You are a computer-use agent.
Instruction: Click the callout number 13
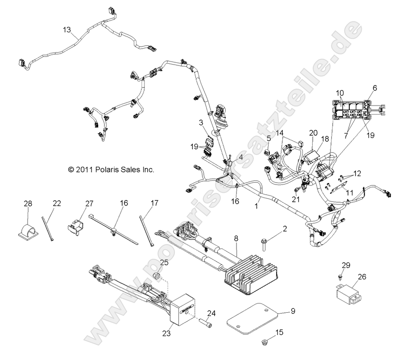click(x=66, y=30)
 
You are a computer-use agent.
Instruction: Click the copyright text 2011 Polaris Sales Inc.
click(x=111, y=170)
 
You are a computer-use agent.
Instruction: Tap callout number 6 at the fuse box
click(x=374, y=88)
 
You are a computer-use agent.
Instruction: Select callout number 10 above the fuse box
click(x=340, y=93)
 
